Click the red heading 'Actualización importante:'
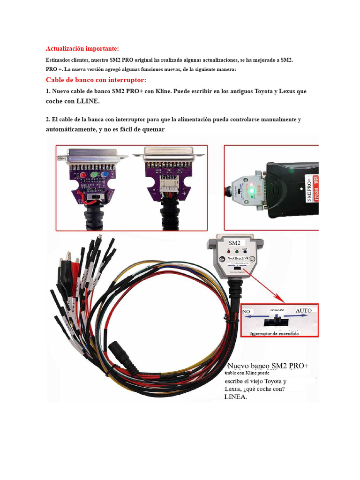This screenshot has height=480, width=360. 82,49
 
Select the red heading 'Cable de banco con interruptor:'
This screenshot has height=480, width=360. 96,80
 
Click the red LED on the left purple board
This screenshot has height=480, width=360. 83,176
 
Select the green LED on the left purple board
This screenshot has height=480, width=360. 95,176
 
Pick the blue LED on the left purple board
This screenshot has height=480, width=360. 105,176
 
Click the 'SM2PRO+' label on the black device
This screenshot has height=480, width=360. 309,188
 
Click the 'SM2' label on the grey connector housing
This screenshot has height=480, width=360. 234,243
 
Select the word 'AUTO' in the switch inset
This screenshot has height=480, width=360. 303,311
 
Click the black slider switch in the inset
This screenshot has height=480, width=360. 277,322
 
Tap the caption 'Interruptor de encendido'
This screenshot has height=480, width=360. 275,333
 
